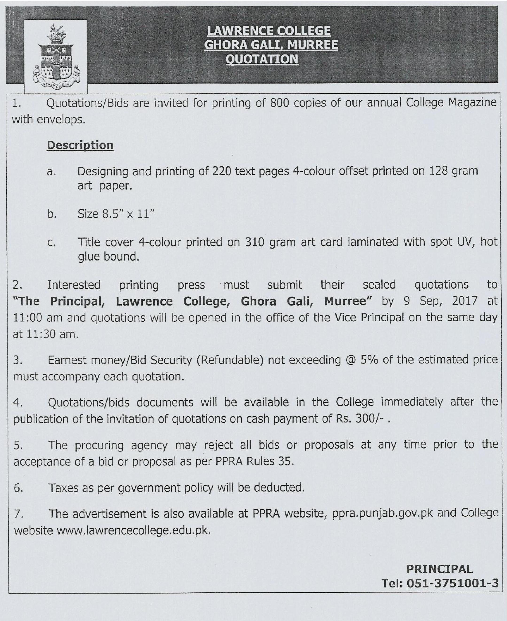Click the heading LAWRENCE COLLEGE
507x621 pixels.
pos(269,31)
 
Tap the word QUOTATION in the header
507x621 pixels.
pos(262,59)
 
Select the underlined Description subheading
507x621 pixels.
pos(80,145)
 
